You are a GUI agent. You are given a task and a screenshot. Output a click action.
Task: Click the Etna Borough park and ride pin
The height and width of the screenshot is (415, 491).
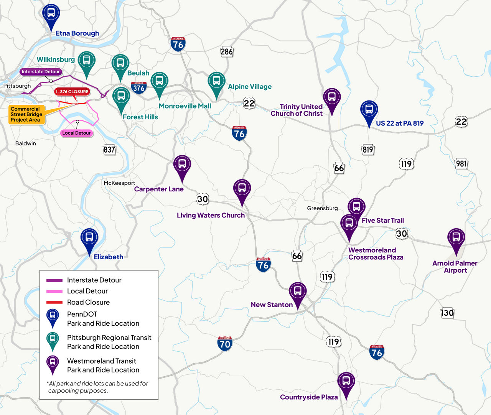tap(51, 13)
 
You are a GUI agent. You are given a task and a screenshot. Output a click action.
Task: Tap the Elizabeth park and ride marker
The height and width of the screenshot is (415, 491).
tap(89, 237)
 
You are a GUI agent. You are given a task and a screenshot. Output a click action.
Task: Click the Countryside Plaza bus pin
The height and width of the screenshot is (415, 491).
tap(346, 382)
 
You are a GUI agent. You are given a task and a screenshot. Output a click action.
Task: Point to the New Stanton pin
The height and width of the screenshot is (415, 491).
tap(298, 291)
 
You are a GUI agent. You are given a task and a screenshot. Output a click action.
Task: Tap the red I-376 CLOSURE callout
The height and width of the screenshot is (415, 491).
tap(72, 92)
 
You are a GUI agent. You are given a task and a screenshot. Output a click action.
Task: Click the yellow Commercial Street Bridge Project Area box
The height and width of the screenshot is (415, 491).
tap(26, 114)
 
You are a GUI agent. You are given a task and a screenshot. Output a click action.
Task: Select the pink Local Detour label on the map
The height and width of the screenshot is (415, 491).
tap(76, 133)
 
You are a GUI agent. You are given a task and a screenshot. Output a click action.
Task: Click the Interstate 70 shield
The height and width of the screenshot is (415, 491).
tap(225, 343)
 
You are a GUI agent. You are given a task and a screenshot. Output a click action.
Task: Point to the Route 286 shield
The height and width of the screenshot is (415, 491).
tap(227, 51)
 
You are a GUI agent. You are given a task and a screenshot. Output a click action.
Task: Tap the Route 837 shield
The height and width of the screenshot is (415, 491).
tap(109, 149)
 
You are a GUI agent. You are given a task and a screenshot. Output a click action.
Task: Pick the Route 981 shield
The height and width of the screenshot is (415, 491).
tap(461, 164)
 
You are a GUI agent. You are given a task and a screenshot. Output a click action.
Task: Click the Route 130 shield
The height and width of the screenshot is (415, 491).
tap(447, 313)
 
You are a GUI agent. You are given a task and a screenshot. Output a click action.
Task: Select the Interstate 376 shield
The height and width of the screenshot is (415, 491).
tap(138, 88)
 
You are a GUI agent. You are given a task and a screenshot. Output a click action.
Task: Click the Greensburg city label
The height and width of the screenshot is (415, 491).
tap(322, 208)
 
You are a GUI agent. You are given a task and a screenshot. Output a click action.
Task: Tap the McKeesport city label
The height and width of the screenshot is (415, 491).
tap(119, 183)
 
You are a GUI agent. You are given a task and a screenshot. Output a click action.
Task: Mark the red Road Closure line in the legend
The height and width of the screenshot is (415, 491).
tap(54, 302)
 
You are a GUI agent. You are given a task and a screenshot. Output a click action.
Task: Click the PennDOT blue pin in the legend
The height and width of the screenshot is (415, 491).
tap(53, 317)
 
